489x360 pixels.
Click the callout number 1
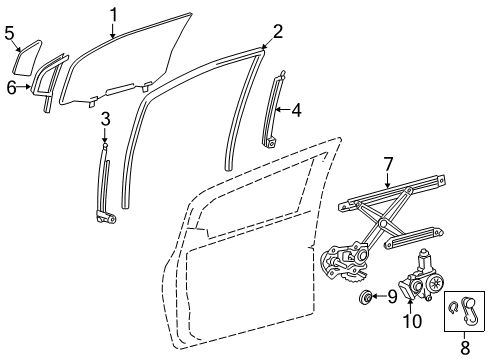[114, 13]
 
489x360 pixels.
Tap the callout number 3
[104, 120]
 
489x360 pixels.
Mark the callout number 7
[388, 163]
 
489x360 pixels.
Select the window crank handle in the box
[466, 311]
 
